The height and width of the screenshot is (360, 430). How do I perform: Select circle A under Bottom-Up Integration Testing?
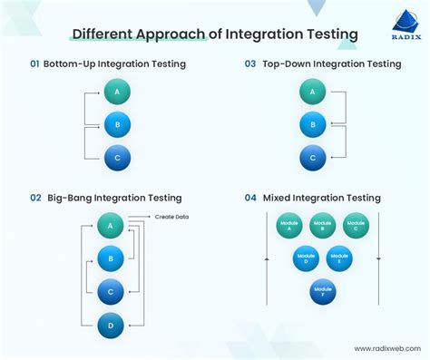116,92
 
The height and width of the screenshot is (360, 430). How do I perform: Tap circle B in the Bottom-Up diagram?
116,124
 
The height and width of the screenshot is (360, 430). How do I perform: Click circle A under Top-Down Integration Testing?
312,92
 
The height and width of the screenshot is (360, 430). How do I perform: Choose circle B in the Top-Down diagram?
312,124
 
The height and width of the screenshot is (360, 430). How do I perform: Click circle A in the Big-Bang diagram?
110,226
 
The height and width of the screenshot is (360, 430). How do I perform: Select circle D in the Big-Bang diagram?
110,324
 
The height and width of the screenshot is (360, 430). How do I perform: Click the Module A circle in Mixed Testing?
289,226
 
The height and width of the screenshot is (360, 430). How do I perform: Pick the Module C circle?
356,226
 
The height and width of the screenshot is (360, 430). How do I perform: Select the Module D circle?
306,258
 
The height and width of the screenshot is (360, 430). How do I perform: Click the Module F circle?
322,292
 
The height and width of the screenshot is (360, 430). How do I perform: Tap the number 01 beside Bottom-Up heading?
35,63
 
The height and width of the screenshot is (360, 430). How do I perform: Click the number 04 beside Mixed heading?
250,198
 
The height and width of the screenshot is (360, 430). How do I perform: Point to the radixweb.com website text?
382,348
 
